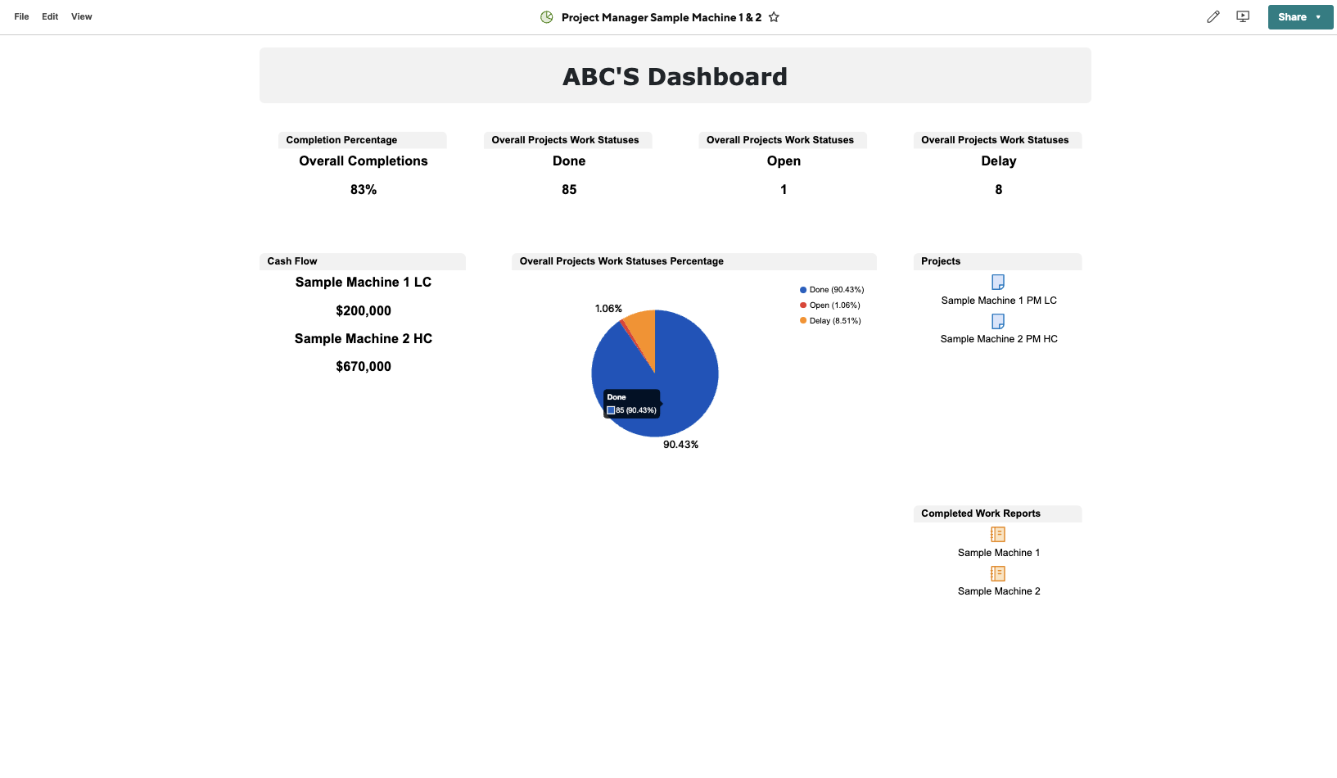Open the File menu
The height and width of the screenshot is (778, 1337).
[21, 16]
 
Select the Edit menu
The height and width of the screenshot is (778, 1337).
[50, 16]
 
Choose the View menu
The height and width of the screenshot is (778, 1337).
[81, 16]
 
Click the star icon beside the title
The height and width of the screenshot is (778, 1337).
[774, 17]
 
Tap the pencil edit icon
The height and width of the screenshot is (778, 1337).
[1213, 17]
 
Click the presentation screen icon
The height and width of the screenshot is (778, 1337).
[1243, 17]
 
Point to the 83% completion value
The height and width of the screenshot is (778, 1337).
[364, 190]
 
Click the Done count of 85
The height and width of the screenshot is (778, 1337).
[569, 190]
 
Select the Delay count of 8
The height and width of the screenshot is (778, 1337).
[998, 190]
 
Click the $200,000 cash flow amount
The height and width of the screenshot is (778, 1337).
[364, 311]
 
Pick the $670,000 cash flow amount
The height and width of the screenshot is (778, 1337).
[364, 367]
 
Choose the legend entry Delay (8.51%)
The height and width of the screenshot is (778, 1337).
[834, 321]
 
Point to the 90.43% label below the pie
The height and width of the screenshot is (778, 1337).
[680, 445]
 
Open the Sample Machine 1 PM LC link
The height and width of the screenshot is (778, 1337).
[999, 301]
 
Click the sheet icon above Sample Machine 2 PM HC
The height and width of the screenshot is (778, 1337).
[998, 321]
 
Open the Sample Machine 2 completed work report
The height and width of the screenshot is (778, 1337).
[999, 591]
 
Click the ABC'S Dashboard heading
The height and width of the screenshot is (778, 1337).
[675, 76]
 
